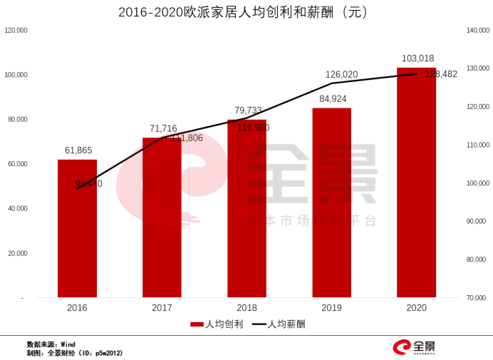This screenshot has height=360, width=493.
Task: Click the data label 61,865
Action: pos(78,150)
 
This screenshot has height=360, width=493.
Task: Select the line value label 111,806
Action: pos(187,138)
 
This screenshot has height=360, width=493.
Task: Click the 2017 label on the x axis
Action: pos(162,308)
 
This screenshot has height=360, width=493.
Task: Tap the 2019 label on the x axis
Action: pos(331,308)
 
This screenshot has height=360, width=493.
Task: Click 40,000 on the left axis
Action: pos(17,209)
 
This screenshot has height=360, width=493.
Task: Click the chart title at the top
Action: pos(246,12)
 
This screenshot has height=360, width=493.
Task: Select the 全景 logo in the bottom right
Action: pos(415,347)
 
